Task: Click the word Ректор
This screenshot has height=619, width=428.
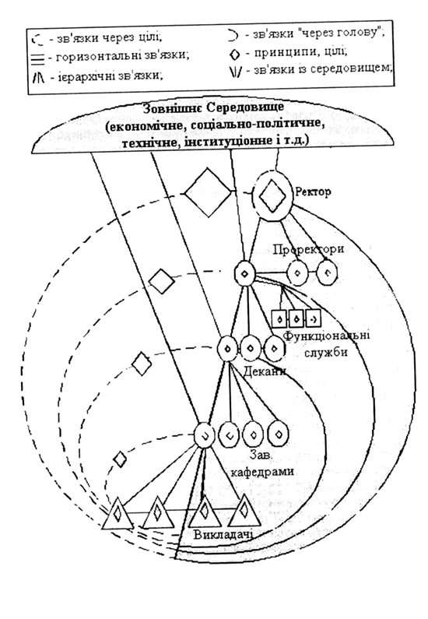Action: tap(313, 192)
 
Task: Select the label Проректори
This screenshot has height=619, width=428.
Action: tap(308, 249)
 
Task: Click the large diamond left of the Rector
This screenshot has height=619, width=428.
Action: tap(207, 192)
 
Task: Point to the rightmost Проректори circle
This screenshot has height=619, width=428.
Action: tap(328, 273)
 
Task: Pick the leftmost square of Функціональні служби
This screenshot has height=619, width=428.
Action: tap(280, 318)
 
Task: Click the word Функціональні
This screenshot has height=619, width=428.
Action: tap(327, 336)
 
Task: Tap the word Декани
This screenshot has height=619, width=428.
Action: tap(265, 371)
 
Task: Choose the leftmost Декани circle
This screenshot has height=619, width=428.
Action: tap(227, 349)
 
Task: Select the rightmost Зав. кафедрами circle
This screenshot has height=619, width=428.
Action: tap(279, 434)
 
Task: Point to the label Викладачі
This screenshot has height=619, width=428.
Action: tap(223, 534)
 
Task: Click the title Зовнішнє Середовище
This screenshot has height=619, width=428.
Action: tap(213, 107)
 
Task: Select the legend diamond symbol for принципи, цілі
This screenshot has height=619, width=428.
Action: tap(234, 54)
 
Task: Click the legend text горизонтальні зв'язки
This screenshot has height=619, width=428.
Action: tap(123, 55)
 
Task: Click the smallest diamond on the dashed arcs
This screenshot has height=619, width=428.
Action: tap(120, 459)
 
